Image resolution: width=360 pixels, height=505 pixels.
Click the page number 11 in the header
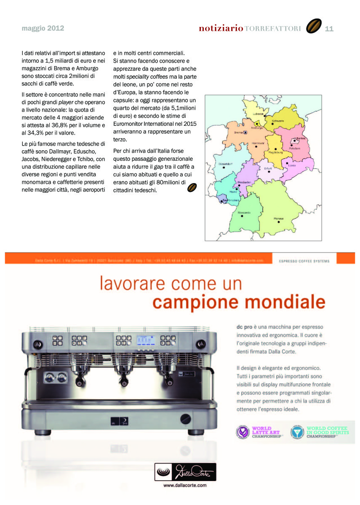(329, 28)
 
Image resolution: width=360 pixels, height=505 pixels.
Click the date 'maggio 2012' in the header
(43, 29)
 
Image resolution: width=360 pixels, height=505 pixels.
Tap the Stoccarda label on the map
(244, 213)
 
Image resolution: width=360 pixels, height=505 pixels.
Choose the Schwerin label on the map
(278, 121)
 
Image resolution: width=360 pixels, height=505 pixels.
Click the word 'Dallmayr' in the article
(71, 151)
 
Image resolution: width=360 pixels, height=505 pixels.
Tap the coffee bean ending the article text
(192, 187)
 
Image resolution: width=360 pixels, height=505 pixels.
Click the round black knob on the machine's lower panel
(185, 419)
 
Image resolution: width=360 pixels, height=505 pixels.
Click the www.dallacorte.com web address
(185, 485)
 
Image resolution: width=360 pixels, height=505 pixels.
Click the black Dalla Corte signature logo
(185, 472)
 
